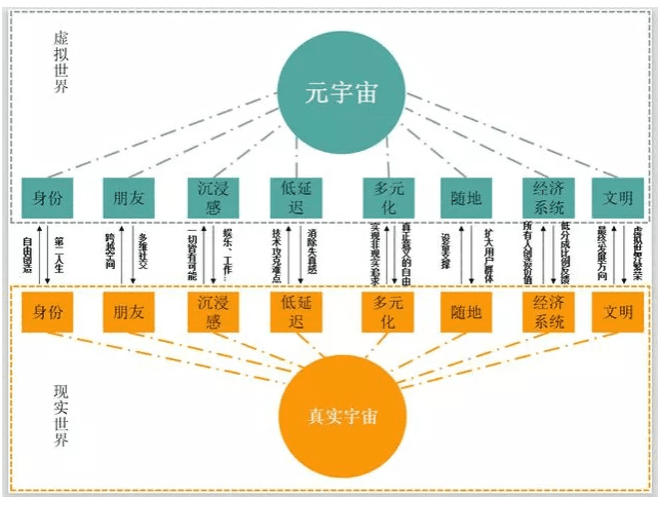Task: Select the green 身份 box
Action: click(x=47, y=197)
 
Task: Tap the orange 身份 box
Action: click(x=47, y=312)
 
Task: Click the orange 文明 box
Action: click(x=618, y=312)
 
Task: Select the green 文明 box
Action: click(x=618, y=197)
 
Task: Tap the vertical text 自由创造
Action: click(x=29, y=254)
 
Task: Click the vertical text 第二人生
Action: click(x=59, y=254)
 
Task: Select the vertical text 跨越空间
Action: click(x=111, y=254)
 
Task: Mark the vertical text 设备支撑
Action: click(x=446, y=254)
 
